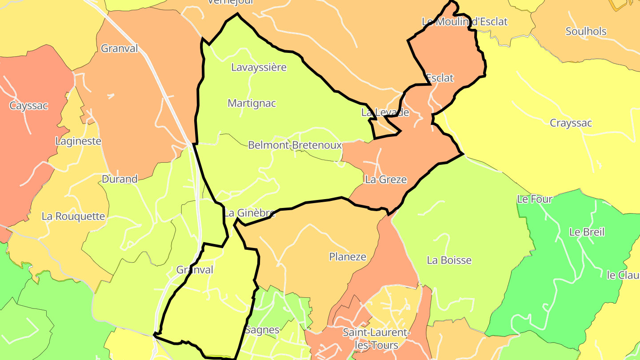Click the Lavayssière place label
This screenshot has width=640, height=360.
[x=259, y=68]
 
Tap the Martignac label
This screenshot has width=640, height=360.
[x=252, y=104]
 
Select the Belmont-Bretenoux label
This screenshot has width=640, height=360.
[x=295, y=145]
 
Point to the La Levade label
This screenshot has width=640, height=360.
[x=385, y=112]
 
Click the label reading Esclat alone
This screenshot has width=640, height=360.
[x=440, y=78]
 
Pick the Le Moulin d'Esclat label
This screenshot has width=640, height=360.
[x=464, y=22]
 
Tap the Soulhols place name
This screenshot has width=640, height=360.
[x=586, y=32]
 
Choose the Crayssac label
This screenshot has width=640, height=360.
[x=571, y=123]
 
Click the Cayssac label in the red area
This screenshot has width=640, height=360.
[x=28, y=106]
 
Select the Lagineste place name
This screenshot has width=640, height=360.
[x=78, y=141]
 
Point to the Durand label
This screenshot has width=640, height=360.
[x=120, y=180]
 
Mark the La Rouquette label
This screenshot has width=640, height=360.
[x=73, y=216]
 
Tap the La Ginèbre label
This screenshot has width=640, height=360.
[x=249, y=213]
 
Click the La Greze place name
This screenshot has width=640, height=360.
[x=385, y=180]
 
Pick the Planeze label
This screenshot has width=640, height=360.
[x=348, y=257]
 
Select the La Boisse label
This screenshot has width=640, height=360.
[x=449, y=260]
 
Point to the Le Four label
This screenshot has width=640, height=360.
[x=534, y=200]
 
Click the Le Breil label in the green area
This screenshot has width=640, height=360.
[x=587, y=232]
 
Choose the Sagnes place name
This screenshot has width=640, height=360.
[x=262, y=330]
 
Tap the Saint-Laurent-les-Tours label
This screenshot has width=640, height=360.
[x=376, y=339]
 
